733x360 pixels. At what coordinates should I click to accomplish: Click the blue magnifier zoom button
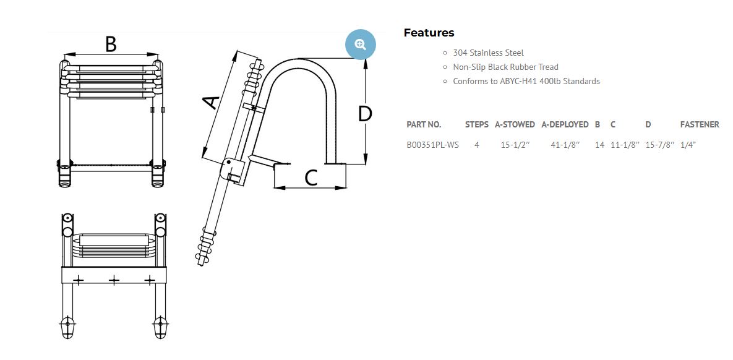click(x=361, y=44)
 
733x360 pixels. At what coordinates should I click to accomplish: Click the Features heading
click(x=429, y=33)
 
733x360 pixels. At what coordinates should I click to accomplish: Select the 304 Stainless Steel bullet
click(x=488, y=53)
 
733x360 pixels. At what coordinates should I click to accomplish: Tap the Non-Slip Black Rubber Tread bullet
click(x=505, y=67)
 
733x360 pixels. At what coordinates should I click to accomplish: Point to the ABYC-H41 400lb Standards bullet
click(x=526, y=81)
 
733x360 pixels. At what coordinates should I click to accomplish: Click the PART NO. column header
click(x=424, y=124)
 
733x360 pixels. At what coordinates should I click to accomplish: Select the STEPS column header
click(x=476, y=124)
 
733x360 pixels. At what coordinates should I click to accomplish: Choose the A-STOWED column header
click(x=515, y=124)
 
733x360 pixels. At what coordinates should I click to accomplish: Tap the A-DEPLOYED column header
click(x=565, y=124)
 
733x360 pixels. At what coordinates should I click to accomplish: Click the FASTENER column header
click(x=700, y=124)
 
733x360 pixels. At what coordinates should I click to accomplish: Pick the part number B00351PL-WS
click(x=432, y=145)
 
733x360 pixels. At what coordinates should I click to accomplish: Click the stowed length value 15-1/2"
click(x=514, y=145)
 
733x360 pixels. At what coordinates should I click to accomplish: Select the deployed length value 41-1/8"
click(x=565, y=145)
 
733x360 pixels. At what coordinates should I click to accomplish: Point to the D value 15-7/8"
click(x=659, y=145)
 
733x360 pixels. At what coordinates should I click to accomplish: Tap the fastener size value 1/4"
click(x=688, y=145)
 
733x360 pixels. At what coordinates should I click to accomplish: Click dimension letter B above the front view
click(x=110, y=44)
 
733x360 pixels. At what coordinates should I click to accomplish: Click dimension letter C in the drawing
click(x=311, y=178)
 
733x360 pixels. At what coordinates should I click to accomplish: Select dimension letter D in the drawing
click(x=365, y=113)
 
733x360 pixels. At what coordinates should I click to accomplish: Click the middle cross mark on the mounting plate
click(x=114, y=280)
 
